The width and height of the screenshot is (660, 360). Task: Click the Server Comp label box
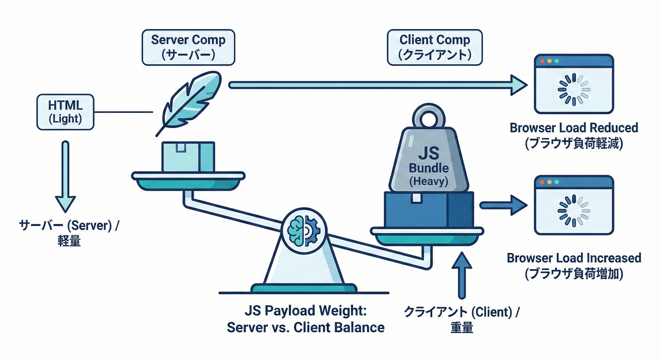[x=188, y=47]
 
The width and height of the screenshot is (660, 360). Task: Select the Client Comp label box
[x=434, y=47]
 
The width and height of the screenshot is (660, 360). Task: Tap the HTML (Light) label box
[x=65, y=112]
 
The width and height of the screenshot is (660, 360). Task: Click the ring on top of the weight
[x=429, y=117]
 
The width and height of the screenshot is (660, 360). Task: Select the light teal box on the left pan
[x=188, y=157]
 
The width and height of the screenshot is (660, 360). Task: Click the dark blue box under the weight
[x=428, y=208]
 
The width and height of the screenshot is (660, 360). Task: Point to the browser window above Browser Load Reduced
[x=574, y=84]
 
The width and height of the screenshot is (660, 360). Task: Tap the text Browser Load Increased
[x=574, y=258]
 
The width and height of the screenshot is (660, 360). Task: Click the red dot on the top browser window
[x=543, y=61]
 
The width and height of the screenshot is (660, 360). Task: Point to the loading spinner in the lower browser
[x=574, y=210]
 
